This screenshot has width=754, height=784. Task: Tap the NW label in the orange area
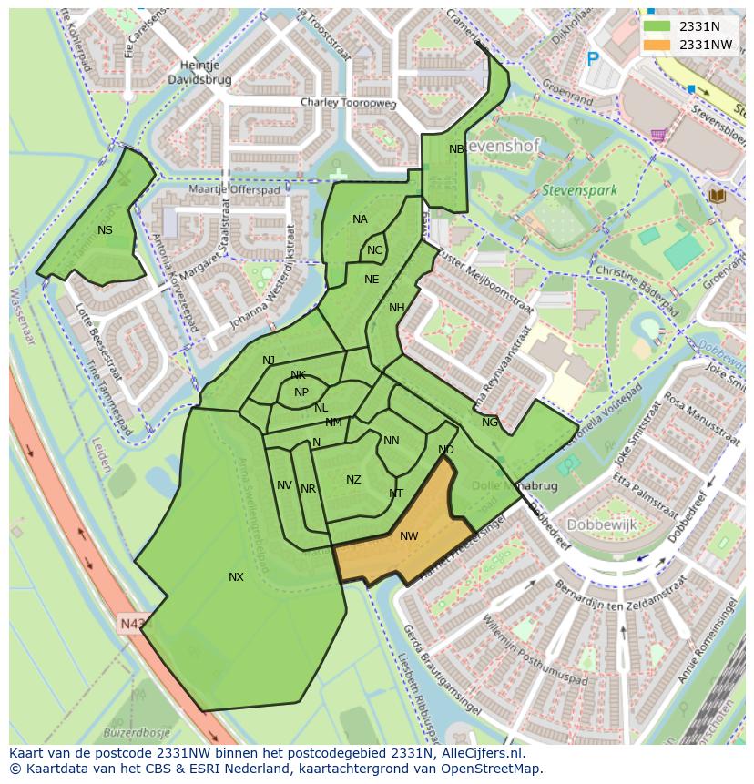(x=409, y=536)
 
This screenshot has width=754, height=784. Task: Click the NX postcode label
(x=236, y=577)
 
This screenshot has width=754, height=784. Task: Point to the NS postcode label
(x=105, y=230)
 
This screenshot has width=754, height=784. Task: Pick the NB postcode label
(x=456, y=149)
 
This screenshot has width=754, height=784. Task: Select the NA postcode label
(x=360, y=219)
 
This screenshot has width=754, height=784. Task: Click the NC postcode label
(x=374, y=250)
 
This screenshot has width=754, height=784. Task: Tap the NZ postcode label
(x=353, y=480)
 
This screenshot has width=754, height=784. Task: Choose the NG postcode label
(x=490, y=423)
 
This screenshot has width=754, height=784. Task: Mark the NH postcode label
(x=396, y=308)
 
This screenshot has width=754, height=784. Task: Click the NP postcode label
(x=301, y=392)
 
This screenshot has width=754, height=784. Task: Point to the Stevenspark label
(x=579, y=191)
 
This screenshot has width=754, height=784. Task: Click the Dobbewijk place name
(x=601, y=525)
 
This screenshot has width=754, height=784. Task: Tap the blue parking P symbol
(x=593, y=59)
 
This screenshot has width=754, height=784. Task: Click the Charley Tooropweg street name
(x=349, y=104)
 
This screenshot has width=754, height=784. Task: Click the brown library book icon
(x=716, y=195)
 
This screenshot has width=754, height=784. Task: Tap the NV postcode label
(x=284, y=485)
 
